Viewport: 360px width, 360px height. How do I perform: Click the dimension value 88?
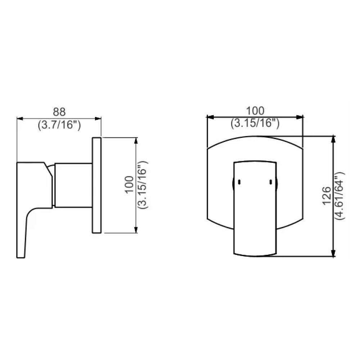click(60, 112)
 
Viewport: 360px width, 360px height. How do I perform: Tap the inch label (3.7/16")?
click(59, 125)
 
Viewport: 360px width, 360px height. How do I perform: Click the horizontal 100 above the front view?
click(255, 111)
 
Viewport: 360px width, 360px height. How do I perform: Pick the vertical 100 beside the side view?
click(129, 185)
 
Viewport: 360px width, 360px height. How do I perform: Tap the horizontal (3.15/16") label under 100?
click(255, 123)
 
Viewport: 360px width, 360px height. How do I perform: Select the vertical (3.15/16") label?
click(143, 185)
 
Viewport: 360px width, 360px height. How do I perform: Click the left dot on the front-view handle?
click(238, 183)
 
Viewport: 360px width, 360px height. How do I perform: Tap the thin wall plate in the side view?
click(96, 185)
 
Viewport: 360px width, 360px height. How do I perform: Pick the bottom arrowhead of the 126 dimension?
click(333, 255)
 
